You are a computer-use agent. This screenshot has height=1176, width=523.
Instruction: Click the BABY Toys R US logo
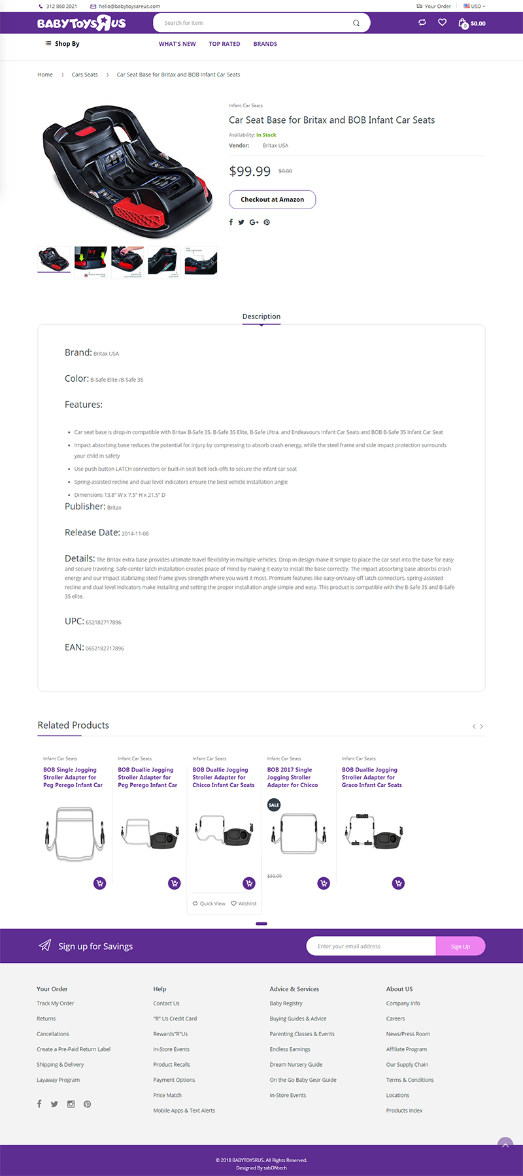(x=81, y=24)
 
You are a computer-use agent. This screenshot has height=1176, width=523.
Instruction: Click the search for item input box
(x=255, y=23)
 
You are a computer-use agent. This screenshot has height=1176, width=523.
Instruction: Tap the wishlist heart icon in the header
(x=442, y=23)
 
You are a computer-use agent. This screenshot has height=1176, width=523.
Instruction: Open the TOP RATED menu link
(x=224, y=44)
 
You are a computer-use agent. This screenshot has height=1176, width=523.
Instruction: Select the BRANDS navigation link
(x=265, y=44)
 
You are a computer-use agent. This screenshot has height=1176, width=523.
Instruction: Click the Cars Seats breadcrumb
(x=84, y=75)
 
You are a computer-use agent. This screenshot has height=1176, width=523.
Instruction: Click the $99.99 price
(x=250, y=171)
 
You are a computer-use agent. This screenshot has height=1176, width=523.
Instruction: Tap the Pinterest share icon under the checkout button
(x=267, y=222)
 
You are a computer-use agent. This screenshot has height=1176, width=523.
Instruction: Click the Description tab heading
(x=261, y=316)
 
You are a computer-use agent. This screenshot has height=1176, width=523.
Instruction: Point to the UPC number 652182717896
(x=103, y=622)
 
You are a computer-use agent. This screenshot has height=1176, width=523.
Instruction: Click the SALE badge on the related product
(x=274, y=805)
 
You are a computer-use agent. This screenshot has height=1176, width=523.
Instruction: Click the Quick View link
(x=209, y=903)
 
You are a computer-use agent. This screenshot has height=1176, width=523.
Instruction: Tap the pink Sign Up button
(x=460, y=947)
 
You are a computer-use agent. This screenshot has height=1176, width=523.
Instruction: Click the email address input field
(x=370, y=947)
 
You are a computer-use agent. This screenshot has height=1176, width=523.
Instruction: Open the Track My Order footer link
(x=56, y=1003)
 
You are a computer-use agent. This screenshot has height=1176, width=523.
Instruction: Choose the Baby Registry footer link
(x=286, y=1003)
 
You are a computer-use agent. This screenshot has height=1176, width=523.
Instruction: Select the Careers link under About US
(x=396, y=1018)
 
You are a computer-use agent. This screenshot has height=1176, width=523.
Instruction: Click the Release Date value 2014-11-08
(x=135, y=533)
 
